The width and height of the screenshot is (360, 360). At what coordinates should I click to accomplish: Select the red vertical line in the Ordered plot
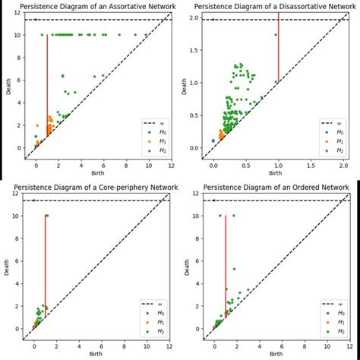coord(226,262)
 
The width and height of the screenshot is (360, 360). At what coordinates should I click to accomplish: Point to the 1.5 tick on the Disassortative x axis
coord(311,166)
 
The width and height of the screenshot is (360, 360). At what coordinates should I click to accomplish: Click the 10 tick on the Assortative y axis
coord(19,34)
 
